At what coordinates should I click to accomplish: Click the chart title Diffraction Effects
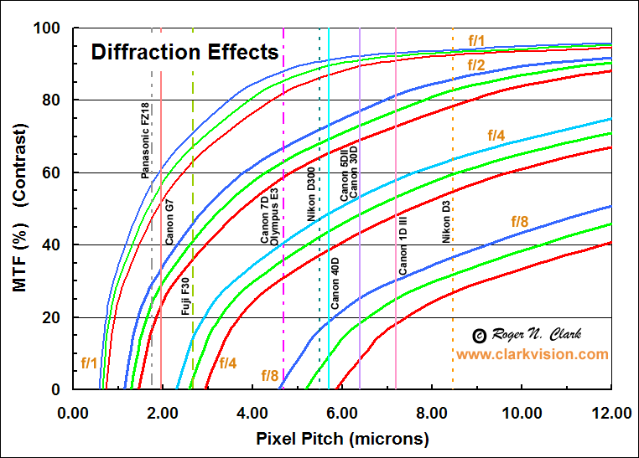[184, 53]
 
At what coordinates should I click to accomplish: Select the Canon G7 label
[170, 221]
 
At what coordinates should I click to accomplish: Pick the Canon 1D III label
[403, 245]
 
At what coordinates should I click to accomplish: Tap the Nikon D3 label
[446, 221]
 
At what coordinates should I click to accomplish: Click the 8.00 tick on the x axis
[433, 413]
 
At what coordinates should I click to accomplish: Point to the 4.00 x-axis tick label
[253, 413]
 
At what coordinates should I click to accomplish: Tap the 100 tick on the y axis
[49, 29]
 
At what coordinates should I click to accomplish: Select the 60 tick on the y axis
[53, 173]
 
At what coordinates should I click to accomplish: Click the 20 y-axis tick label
[53, 318]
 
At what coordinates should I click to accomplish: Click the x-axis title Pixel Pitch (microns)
[343, 438]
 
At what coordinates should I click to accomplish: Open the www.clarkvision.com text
[532, 354]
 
